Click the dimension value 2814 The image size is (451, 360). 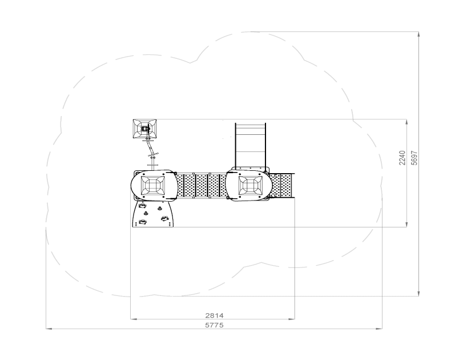tap(214, 315)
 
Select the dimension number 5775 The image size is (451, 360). tap(214, 325)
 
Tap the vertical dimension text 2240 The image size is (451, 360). tap(402, 158)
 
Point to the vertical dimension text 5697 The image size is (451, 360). tap(414, 158)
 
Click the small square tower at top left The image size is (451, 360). tap(145, 129)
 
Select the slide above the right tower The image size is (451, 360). tap(250, 146)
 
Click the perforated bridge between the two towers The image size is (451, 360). tap(201, 186)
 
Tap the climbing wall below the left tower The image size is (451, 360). tap(153, 214)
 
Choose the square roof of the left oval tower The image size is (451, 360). tap(153, 185)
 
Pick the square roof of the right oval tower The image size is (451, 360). tap(251, 185)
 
